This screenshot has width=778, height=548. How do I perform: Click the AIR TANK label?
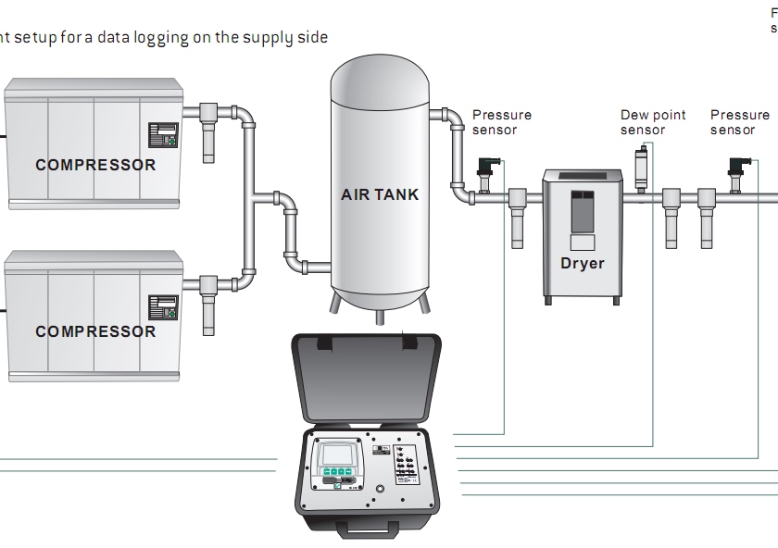pos(380,194)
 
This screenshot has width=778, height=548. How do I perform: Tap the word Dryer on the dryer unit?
pos(582,263)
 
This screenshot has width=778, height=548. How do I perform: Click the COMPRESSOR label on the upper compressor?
pos(95,166)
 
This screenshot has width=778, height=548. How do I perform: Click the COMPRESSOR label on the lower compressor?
pos(95,331)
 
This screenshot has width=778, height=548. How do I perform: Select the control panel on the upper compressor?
pos(163,135)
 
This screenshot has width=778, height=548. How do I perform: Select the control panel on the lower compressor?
pos(163,306)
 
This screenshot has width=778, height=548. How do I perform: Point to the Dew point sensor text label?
pos(653,122)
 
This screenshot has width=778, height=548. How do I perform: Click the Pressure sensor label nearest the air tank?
pos(502,122)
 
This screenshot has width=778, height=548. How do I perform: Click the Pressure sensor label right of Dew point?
pos(740,122)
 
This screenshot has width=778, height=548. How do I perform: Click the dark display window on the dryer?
pos(582,211)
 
